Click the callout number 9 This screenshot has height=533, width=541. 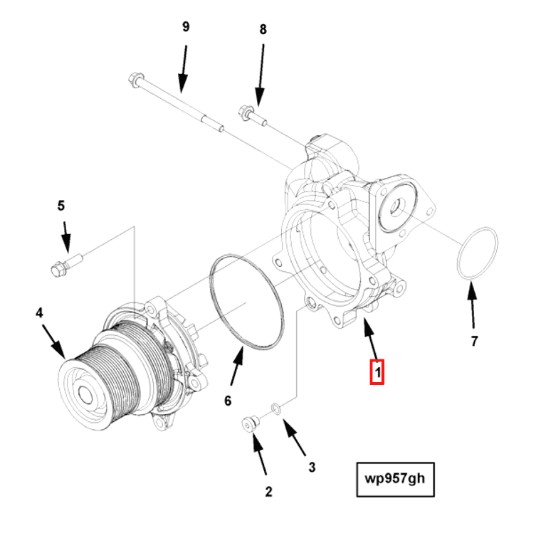click(x=186, y=27)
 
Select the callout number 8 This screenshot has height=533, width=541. click(x=263, y=29)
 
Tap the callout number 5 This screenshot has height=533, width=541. click(x=61, y=206)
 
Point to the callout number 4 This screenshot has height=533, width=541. click(x=40, y=312)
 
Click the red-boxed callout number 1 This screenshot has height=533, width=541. click(x=377, y=371)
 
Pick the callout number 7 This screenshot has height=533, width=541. click(x=475, y=341)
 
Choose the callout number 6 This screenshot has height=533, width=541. click(x=228, y=401)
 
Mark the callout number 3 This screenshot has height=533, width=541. click(x=312, y=468)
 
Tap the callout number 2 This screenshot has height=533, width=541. click(x=268, y=491)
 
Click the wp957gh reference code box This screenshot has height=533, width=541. click(x=395, y=480)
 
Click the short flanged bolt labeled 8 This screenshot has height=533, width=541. click(x=252, y=115)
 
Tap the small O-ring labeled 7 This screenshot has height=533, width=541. click(x=477, y=253)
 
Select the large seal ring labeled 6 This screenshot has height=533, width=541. click(x=246, y=302)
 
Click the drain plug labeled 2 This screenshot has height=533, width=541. click(x=249, y=423)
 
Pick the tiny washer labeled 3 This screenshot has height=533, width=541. click(x=275, y=408)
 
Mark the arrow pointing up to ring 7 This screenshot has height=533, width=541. click(x=471, y=305)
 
